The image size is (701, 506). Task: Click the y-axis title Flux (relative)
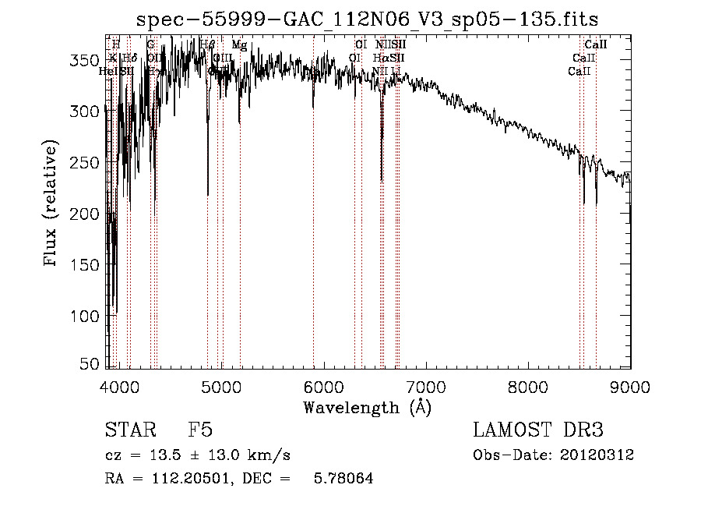51,205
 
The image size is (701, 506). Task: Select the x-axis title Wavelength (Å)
367,407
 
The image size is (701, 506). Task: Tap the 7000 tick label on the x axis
426,386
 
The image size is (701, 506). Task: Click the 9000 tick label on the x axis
629,386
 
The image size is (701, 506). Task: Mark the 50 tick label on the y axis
92,364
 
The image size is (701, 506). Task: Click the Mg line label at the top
239,46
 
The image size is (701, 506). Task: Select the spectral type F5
199,431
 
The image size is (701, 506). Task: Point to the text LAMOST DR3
537,431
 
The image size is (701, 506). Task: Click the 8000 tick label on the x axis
528,386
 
